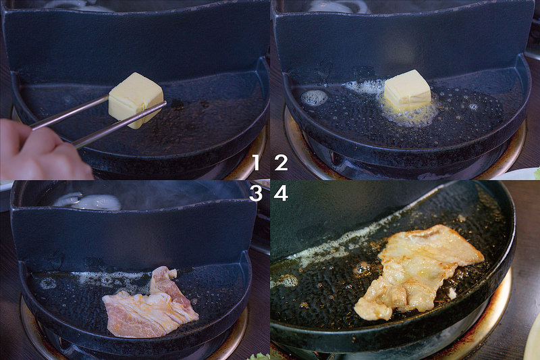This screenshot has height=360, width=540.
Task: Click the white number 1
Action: click(256, 162)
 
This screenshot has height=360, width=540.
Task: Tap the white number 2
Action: click(281, 162)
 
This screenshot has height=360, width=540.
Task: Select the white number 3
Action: click(256, 194)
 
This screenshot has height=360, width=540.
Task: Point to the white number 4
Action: click(281, 194)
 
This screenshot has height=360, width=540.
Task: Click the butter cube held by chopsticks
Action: click(136, 100)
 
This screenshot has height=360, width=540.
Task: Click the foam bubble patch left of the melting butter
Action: click(313, 98)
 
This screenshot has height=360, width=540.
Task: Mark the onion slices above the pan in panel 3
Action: click(88, 201)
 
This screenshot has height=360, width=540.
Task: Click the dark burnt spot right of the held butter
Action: click(178, 105)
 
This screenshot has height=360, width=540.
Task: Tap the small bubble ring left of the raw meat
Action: click(48, 283)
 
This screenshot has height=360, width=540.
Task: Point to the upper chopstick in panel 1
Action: click(69, 112)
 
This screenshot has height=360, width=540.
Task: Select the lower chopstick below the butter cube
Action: click(119, 126)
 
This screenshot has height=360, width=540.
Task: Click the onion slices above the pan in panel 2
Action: click(340, 6)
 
